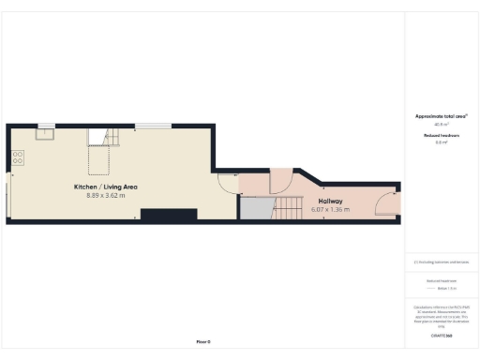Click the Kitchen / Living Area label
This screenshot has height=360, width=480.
point(106,187)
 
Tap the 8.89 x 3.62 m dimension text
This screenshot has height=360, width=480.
point(106,196)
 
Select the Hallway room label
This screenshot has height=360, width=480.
point(330,201)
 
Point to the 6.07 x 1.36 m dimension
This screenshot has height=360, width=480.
point(330,209)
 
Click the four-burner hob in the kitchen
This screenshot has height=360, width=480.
point(18,157)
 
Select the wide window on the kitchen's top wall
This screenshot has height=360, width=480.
point(153,127)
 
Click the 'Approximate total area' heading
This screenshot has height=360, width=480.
point(441,116)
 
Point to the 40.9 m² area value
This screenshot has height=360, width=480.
point(441,124)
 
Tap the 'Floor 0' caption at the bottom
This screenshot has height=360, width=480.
point(203,341)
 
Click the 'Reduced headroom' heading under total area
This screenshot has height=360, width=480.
point(441,136)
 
